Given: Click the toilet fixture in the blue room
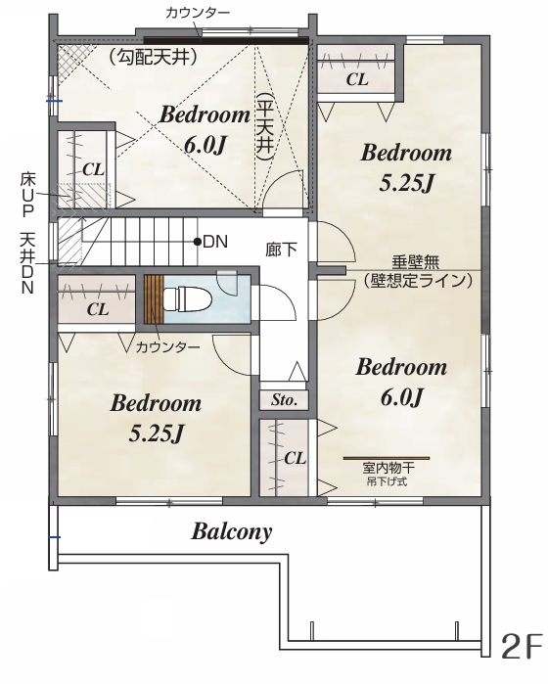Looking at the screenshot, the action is coord(188,299).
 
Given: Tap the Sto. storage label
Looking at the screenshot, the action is coord(284,400).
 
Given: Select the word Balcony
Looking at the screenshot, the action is coord(232,532).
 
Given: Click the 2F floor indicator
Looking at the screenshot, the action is coord(523,648).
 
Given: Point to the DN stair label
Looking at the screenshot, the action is coord(215,242).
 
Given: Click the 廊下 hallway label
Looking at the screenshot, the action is coord(282,250).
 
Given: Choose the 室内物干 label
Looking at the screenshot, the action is coord(388,469).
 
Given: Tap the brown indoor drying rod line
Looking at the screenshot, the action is coord(387,459).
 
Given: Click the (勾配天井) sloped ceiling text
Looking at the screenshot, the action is coord(152,57).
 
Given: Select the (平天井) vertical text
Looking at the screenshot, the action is coord(265,127).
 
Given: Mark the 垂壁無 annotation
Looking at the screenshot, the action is coord(415,262).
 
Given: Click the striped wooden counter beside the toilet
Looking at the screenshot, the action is coord(154,299).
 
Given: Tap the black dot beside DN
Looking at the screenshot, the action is coord(198,242).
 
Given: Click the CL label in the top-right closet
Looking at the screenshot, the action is coord(357,80).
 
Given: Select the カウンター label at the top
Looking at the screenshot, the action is coord(198,13).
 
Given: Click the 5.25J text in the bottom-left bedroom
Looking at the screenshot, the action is coord(155,433).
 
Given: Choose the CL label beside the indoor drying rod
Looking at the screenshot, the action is coord(295,459).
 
